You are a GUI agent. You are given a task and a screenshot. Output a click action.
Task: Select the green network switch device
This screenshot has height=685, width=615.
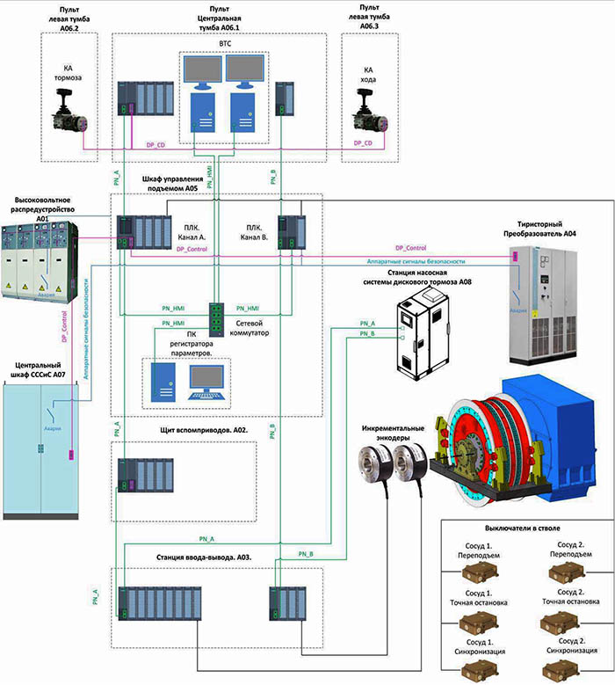(217, 318)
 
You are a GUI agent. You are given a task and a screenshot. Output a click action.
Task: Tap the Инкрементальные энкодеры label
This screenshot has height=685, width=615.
(393, 434)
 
